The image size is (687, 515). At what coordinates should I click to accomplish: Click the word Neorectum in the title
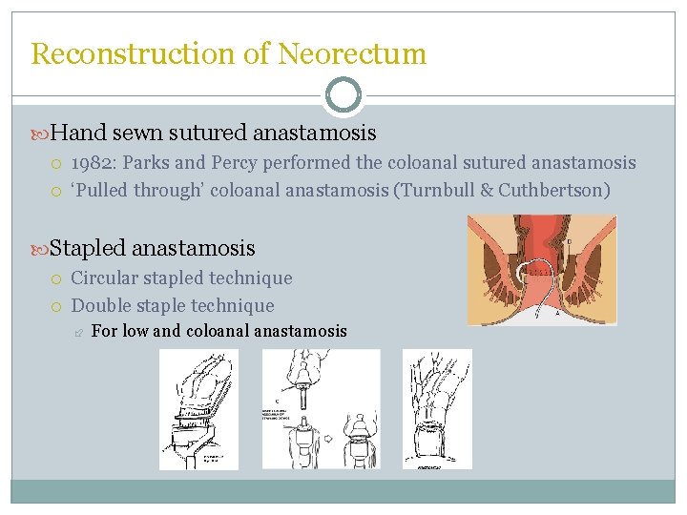pyautogui.click(x=352, y=54)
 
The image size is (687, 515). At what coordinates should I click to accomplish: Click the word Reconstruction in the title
pyautogui.click(x=130, y=54)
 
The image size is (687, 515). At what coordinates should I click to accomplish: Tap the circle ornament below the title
pyautogui.click(x=343, y=95)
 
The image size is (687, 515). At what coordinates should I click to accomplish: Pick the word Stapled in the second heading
pyautogui.click(x=87, y=249)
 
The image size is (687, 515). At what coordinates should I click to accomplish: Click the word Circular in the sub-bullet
pyautogui.click(x=105, y=278)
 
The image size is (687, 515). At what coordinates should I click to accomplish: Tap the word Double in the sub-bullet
pyautogui.click(x=100, y=306)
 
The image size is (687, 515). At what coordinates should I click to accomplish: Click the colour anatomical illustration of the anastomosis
pyautogui.click(x=541, y=270)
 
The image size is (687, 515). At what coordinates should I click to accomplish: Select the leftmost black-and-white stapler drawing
pyautogui.click(x=198, y=409)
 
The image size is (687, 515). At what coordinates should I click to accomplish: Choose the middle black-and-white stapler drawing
pyautogui.click(x=321, y=409)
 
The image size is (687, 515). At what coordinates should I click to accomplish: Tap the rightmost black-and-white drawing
pyautogui.click(x=436, y=409)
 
